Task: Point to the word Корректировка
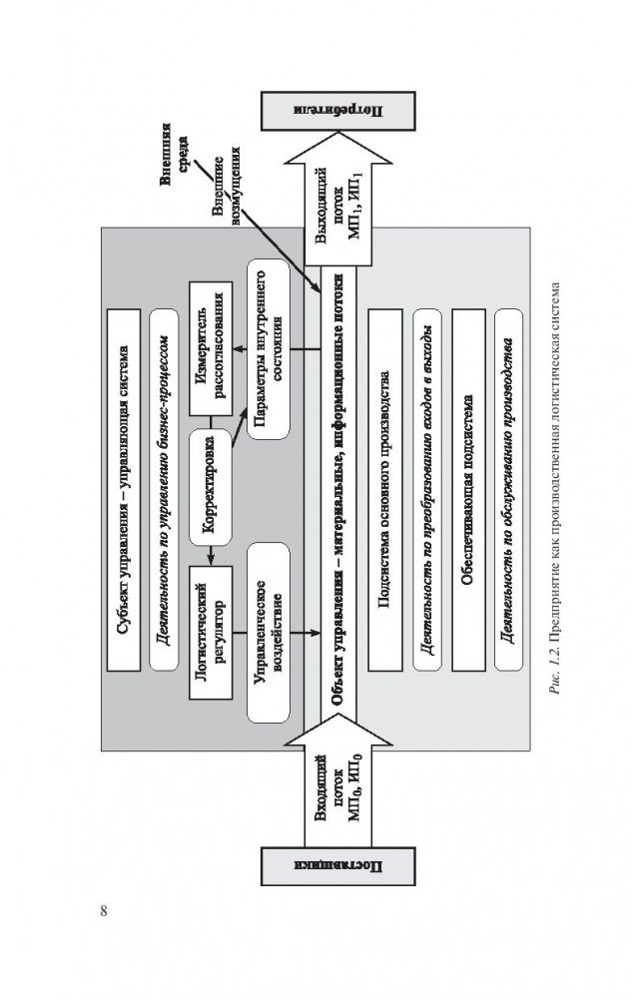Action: pyautogui.click(x=212, y=481)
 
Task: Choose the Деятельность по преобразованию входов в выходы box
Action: pyautogui.click(x=426, y=489)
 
